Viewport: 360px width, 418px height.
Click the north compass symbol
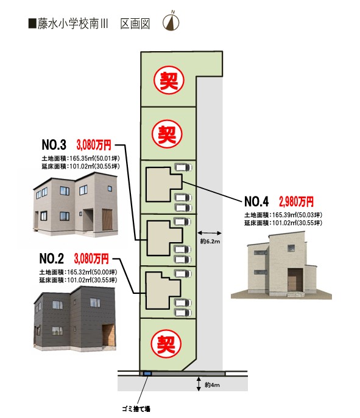[171, 21]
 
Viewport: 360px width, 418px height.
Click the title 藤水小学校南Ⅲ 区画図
[89, 24]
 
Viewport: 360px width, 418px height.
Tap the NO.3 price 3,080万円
[94, 145]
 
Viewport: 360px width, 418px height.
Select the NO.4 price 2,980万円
[296, 201]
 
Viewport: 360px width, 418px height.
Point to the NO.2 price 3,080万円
[91, 259]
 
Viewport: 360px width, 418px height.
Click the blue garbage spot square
[147, 374]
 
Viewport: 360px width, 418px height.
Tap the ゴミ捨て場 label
[136, 408]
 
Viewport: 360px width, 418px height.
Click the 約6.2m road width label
[210, 242]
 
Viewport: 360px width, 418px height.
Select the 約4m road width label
[212, 385]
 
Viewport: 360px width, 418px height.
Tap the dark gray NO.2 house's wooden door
[108, 336]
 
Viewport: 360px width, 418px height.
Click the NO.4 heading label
[256, 201]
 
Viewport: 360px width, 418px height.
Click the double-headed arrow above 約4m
[199, 384]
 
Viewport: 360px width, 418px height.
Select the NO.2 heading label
[52, 259]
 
